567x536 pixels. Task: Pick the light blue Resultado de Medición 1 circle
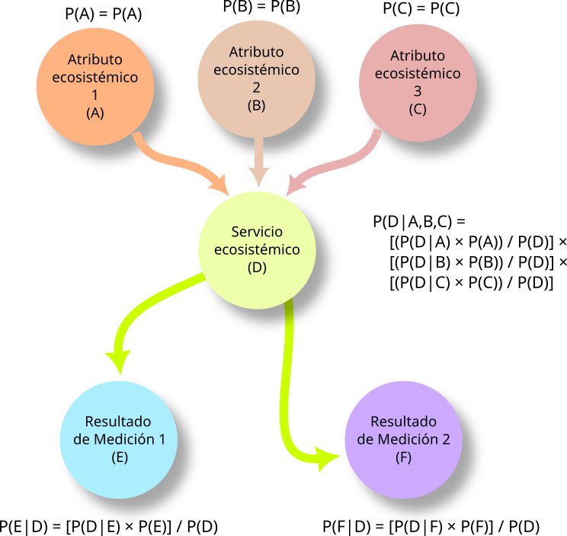[118, 439]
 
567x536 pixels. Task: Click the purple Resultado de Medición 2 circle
[403, 439]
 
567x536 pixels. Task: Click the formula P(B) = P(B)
[261, 8]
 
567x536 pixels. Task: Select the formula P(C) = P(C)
[421, 10]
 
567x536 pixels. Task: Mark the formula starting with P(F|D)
[431, 526]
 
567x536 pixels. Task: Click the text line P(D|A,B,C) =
[418, 222]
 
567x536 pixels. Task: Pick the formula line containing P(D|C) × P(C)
[471, 283]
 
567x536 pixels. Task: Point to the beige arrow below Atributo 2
[258, 164]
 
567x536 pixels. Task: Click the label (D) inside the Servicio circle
[256, 268]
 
